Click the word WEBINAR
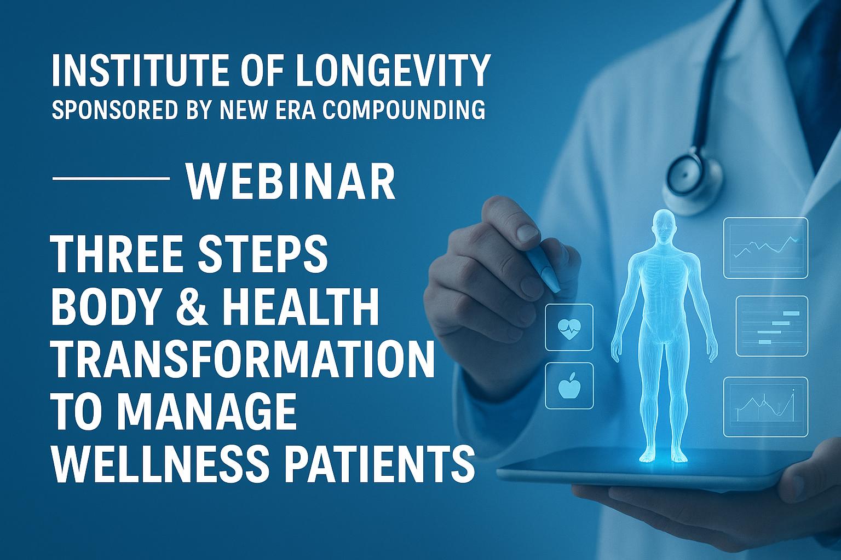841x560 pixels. click(291, 182)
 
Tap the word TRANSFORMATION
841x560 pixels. click(244, 359)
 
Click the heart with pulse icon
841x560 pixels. click(569, 328)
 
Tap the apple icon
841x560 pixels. click(569, 386)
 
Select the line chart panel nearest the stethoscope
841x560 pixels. click(765, 247)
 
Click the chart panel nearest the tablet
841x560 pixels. click(765, 406)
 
